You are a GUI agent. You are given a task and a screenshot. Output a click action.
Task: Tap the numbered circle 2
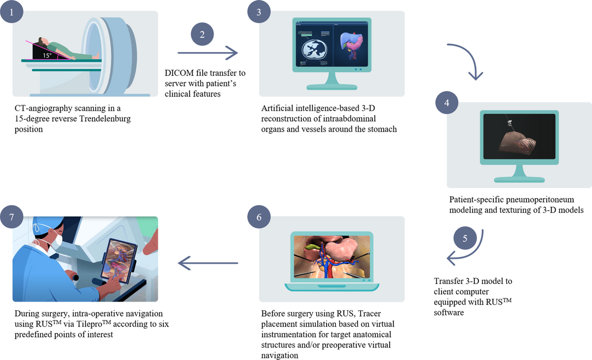(x=202, y=35)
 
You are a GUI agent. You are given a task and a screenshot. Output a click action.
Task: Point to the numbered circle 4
(x=446, y=105)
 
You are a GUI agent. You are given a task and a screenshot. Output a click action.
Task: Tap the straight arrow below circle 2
(x=207, y=51)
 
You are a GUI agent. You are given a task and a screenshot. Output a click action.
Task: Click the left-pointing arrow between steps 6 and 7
(x=207, y=264)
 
